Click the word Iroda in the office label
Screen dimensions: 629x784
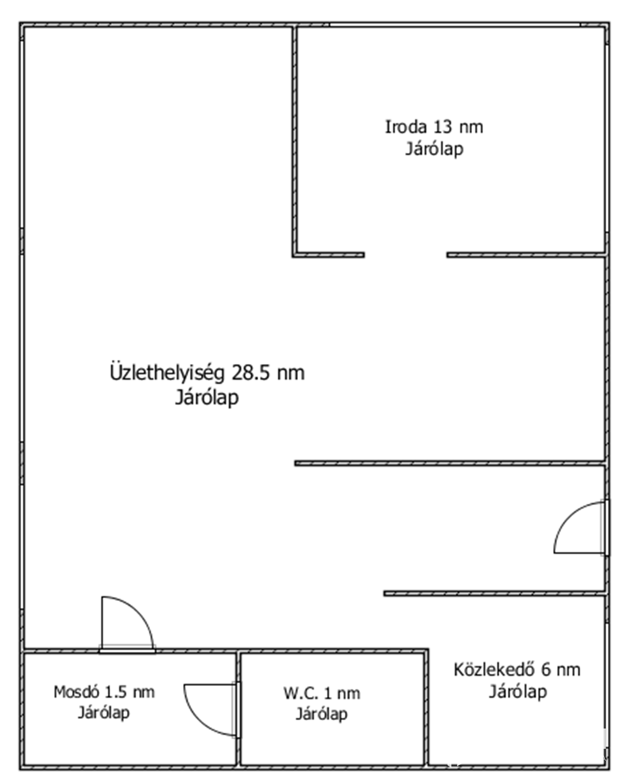(406, 127)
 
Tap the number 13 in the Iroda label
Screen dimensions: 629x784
(443, 127)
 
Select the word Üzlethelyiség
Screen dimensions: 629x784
(167, 372)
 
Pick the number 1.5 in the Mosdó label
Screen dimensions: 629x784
(116, 692)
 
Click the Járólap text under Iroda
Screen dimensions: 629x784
(434, 149)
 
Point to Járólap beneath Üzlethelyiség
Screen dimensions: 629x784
(207, 397)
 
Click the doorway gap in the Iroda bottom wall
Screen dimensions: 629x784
(406, 255)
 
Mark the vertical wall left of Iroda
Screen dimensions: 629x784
(294, 141)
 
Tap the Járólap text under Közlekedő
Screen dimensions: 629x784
(518, 692)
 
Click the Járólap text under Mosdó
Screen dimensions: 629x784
(104, 713)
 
